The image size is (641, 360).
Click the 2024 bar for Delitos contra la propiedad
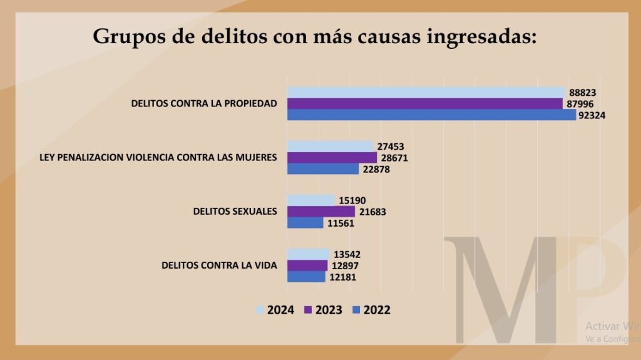tap(426, 92)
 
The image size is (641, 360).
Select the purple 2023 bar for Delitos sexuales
tap(320, 212)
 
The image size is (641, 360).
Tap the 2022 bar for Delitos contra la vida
tap(306, 277)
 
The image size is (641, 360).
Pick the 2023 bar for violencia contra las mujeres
tap(332, 158)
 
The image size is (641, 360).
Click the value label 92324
tap(593, 115)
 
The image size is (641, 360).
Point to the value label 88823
tap(582, 92)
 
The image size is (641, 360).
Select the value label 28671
tap(394, 158)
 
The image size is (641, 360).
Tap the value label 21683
tap(373, 212)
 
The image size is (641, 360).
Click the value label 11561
tap(341, 223)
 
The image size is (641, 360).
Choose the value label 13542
tap(347, 254)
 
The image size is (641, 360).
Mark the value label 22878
tap(377, 169)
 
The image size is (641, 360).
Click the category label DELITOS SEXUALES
tap(235, 212)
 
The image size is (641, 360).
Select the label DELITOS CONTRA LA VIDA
tap(219, 265)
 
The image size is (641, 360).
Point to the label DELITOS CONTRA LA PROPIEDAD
tap(203, 103)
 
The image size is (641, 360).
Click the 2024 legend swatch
tap(260, 310)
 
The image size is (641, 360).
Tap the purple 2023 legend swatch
tap(307, 310)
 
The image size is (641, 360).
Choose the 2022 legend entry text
tap(377, 310)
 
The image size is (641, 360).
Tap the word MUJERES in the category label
tap(255, 158)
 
